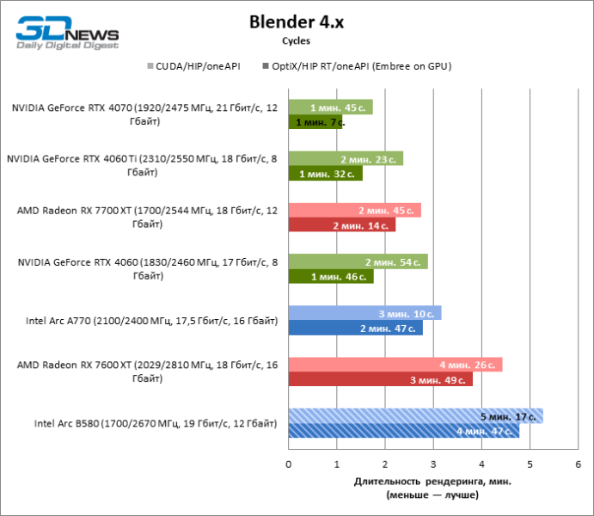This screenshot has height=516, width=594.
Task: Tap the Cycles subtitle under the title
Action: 296,40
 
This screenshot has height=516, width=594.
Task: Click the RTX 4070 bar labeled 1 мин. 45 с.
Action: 330,107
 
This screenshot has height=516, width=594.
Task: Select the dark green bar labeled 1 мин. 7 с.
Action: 315,122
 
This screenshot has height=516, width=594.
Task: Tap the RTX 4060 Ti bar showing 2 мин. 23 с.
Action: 346,159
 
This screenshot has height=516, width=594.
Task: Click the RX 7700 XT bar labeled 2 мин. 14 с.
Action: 341,224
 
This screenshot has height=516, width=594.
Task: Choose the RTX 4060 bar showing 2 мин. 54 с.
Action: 358,261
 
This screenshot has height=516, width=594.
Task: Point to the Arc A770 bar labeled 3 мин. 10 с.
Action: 364,313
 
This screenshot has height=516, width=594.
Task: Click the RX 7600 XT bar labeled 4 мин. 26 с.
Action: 395,365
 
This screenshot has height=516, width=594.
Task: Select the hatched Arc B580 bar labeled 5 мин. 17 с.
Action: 415,416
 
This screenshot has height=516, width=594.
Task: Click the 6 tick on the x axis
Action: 579,464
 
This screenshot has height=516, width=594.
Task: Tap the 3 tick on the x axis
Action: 433,464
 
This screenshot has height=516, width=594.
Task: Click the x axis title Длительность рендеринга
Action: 432,481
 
